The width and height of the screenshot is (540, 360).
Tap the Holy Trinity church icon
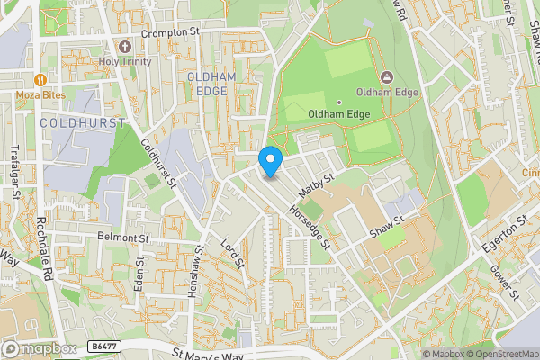pos(125,46)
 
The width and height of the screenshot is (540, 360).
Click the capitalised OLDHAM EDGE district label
pos(211,85)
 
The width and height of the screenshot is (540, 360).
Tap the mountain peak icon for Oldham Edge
pos(387,77)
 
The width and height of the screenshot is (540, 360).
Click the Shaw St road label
pos(387,224)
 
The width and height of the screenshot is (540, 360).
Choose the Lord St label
pos(233,253)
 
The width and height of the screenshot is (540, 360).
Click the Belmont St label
pos(123,239)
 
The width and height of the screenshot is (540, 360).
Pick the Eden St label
pos(139,274)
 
